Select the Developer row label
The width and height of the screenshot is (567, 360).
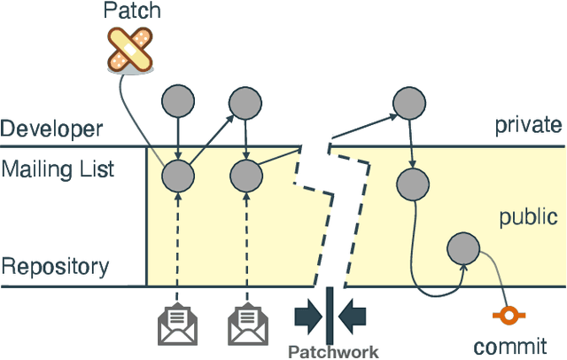click(50, 129)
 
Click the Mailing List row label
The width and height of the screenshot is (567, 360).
click(58, 168)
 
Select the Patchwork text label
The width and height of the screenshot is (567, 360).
click(333, 351)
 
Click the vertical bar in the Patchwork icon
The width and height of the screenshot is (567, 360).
click(329, 310)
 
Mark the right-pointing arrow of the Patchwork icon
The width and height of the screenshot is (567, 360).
click(307, 311)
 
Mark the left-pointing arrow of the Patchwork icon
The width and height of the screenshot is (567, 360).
click(351, 311)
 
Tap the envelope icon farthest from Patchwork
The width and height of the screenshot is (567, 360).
click(177, 325)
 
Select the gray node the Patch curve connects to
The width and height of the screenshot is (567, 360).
click(177, 175)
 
